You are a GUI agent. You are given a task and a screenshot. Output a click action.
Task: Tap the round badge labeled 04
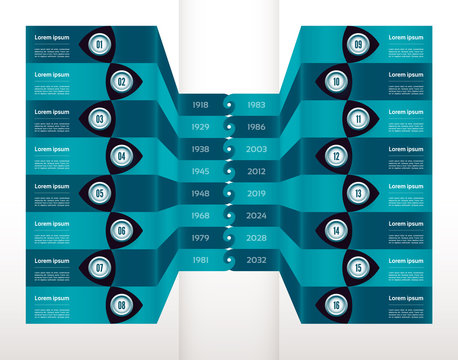(x=121, y=156)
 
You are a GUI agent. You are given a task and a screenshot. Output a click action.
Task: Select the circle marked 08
(x=121, y=305)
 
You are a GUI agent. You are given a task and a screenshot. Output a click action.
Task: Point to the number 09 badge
(x=358, y=45)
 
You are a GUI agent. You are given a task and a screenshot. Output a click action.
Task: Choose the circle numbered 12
(x=337, y=156)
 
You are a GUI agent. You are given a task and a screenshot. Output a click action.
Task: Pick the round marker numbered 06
(x=121, y=231)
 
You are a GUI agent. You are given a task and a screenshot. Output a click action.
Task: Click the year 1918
(x=200, y=104)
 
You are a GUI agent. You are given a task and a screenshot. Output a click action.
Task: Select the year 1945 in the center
(x=200, y=171)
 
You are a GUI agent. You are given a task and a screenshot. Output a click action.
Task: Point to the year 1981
(x=200, y=260)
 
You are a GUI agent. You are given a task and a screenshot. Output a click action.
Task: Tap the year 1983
(x=256, y=104)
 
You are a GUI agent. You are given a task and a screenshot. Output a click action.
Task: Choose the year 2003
(x=256, y=149)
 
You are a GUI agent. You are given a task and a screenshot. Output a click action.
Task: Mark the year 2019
(x=256, y=193)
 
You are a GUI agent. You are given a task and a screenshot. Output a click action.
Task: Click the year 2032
(x=256, y=260)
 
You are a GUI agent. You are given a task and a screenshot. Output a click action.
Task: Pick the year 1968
(x=200, y=215)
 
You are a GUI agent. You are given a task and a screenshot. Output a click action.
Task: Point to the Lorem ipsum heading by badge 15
(x=406, y=260)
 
